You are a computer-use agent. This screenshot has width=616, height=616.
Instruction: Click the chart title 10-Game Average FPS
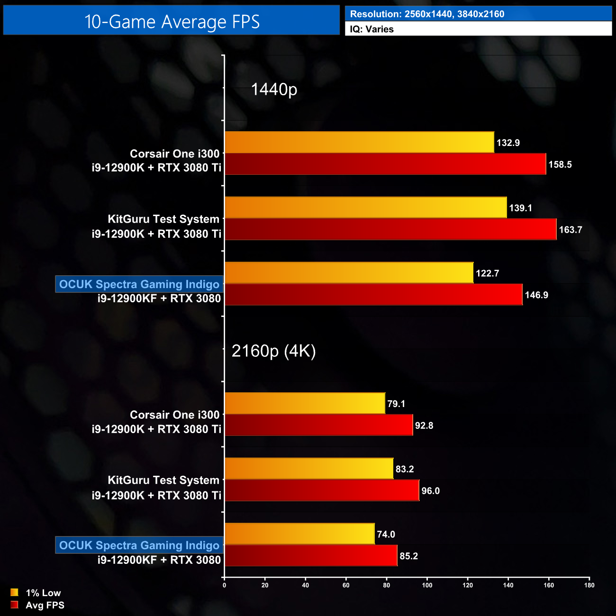coord(172,21)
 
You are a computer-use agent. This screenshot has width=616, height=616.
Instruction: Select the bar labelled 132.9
coord(359,142)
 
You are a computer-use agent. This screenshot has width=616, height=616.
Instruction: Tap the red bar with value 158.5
coord(385,164)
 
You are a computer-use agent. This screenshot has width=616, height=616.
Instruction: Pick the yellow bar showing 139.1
coord(366,208)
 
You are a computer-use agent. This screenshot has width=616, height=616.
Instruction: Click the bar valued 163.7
coord(390,229)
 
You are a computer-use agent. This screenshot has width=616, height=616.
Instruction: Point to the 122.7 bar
coord(349,273)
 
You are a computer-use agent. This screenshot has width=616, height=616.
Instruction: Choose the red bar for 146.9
coord(373,295)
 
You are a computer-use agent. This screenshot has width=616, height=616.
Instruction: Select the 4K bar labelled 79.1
coord(305,403)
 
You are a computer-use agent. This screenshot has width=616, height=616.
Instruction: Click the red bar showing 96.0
coord(322,490)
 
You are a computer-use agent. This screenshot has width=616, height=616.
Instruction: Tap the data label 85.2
coord(408,556)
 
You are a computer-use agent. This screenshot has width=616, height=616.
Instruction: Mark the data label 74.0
coord(386,534)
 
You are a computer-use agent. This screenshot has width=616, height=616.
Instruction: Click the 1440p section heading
coord(274,89)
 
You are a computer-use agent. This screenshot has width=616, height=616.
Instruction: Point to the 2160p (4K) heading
coord(273,351)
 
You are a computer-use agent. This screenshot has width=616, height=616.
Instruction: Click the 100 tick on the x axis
coord(427,585)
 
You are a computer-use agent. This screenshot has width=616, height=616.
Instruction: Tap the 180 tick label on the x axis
coord(589,585)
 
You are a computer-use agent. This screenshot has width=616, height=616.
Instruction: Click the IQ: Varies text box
coord(478,29)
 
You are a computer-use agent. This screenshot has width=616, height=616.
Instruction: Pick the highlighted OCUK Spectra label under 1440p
coord(139,284)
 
